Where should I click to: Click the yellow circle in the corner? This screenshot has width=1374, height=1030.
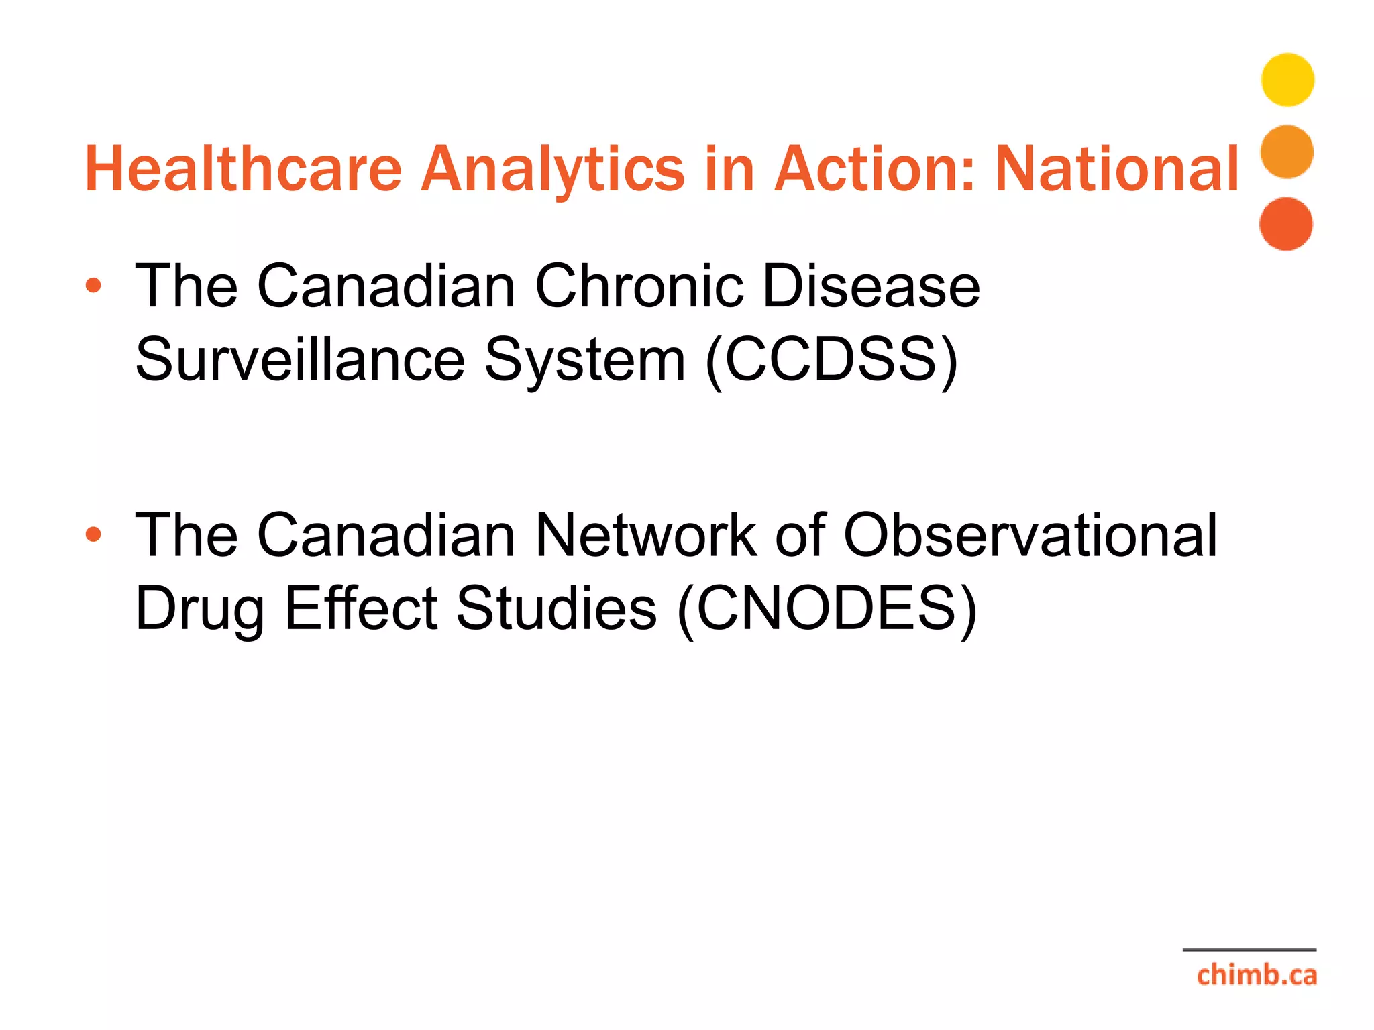click(1287, 80)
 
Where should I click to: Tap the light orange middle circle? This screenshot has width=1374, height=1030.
click(1287, 152)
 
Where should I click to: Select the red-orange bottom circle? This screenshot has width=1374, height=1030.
click(1286, 224)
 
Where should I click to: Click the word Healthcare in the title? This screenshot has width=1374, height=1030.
click(243, 169)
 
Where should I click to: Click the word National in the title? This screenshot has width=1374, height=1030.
click(1117, 169)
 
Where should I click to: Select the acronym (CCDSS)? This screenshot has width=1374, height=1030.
click(832, 361)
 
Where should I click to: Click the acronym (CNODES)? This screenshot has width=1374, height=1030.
click(827, 609)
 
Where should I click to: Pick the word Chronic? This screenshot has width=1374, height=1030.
click(639, 286)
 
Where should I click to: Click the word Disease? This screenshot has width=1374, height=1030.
click(871, 286)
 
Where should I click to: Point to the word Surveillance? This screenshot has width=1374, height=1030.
click(300, 360)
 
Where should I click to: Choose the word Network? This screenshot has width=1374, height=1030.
click(645, 535)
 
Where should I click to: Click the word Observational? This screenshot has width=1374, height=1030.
click(1030, 535)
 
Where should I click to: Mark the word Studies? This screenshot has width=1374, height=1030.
click(556, 608)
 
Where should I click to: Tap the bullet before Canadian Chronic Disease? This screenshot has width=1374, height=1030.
click(93, 286)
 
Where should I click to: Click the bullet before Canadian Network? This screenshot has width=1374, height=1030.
click(93, 534)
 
